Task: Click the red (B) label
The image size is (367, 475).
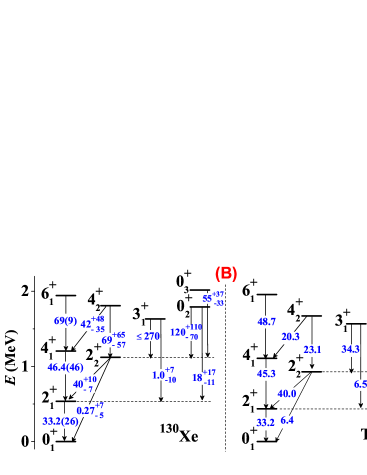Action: pyautogui.click(x=226, y=273)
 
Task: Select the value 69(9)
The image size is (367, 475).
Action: pyautogui.click(x=65, y=320)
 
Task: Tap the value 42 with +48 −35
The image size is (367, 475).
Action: pyautogui.click(x=93, y=324)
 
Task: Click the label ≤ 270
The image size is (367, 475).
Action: pyautogui.click(x=147, y=336)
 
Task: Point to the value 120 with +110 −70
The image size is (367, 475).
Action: pyautogui.click(x=187, y=332)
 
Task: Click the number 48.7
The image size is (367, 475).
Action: pyautogui.click(x=265, y=322)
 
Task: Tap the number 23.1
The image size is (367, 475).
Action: pyautogui.click(x=312, y=350)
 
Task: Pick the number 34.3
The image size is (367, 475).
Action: pyautogui.click(x=349, y=350)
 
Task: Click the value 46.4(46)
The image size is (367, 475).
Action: pyautogui.click(x=65, y=367)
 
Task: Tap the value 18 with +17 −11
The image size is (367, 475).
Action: pyautogui.click(x=204, y=378)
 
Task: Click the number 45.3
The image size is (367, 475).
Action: pyautogui.click(x=265, y=374)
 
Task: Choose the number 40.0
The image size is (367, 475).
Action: pyautogui.click(x=285, y=394)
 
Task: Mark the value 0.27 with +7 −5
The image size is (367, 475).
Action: pyautogui.click(x=90, y=410)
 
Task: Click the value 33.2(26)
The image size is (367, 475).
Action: pyautogui.click(x=61, y=421)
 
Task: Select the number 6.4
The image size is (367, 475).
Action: pyautogui.click(x=287, y=421)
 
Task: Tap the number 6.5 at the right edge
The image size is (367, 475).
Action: pyautogui.click(x=359, y=384)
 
